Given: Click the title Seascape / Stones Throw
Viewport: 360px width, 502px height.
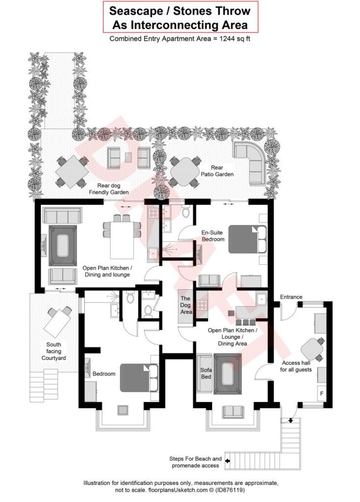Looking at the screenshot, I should [x=180, y=11].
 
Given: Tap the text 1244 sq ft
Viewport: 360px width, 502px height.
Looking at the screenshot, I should [x=231, y=39].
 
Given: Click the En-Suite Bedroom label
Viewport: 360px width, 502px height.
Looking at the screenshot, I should [x=213, y=236].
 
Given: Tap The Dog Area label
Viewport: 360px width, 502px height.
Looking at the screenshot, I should [x=186, y=305].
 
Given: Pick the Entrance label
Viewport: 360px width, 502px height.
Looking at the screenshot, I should [x=291, y=297].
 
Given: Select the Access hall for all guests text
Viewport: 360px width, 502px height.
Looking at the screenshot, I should [x=296, y=366].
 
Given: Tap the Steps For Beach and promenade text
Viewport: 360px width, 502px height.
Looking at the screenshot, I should [x=195, y=462].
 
